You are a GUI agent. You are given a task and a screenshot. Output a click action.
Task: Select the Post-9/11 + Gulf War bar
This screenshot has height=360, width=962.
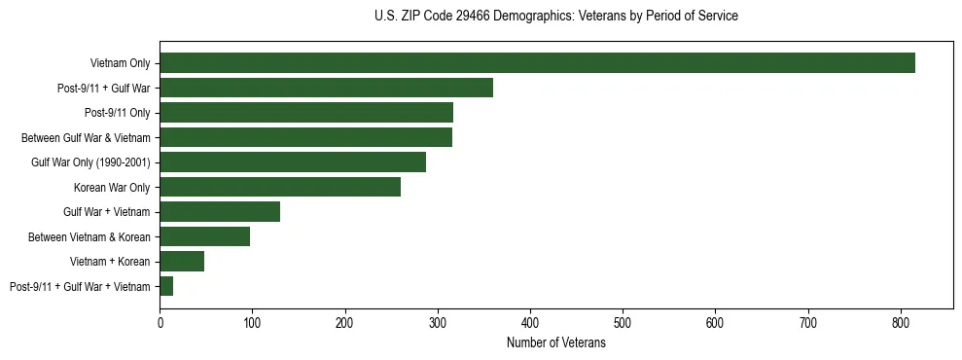326,88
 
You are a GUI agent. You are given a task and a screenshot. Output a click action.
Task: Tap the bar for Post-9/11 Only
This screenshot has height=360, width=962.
306,113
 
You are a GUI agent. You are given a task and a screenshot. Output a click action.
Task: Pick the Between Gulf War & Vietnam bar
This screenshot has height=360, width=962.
305,137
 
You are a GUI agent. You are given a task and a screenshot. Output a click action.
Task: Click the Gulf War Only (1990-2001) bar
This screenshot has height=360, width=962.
293,162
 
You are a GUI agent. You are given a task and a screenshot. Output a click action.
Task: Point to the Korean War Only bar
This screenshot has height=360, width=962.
280,187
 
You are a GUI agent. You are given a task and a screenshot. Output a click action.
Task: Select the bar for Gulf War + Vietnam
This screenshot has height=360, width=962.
220,212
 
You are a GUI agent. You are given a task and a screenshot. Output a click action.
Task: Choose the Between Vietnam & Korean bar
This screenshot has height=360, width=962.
204,236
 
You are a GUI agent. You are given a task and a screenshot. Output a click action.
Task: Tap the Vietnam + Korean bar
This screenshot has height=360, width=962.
182,262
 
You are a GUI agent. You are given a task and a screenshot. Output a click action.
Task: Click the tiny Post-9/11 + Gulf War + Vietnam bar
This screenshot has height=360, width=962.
166,286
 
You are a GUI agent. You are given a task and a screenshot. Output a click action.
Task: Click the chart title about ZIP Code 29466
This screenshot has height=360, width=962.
555,17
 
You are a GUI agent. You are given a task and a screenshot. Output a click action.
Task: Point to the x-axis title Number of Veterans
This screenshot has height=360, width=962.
555,343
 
